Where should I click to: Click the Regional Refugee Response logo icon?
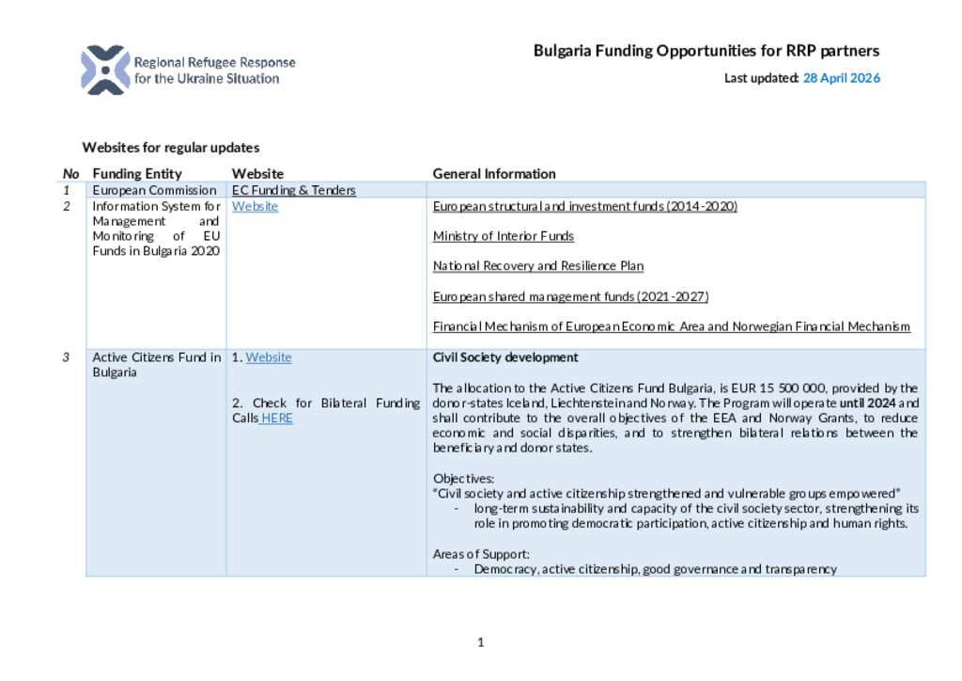(x=105, y=70)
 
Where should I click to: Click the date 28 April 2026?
(x=841, y=78)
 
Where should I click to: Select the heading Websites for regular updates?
(x=170, y=148)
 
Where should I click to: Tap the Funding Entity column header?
(x=137, y=174)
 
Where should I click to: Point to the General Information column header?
(x=494, y=174)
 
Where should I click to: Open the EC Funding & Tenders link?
(x=294, y=190)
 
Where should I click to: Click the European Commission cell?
(x=154, y=190)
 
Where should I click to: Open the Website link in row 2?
(x=255, y=206)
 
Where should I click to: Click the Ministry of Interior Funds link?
(x=503, y=236)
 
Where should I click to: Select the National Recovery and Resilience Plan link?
(x=537, y=266)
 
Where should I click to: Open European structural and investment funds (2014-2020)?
(x=584, y=206)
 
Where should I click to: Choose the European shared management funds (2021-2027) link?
(x=570, y=296)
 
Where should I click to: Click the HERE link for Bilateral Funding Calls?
(x=277, y=419)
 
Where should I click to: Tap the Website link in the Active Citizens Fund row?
(x=269, y=357)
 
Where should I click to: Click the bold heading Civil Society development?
(x=504, y=357)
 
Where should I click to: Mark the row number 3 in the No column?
(x=67, y=357)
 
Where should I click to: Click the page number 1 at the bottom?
(x=480, y=642)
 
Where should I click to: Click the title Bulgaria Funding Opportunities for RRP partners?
(x=706, y=51)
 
